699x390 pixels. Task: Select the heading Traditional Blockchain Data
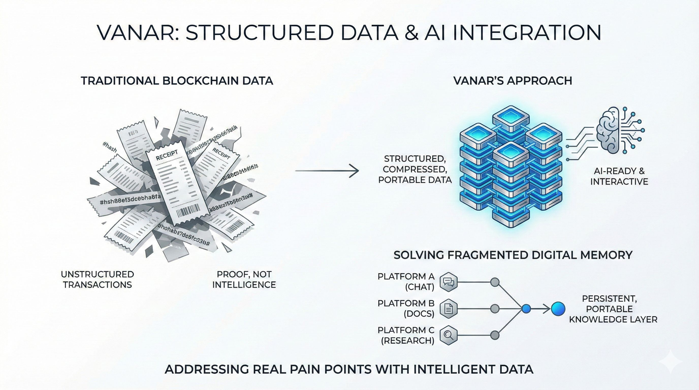click(177, 81)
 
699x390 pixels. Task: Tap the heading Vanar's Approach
click(513, 81)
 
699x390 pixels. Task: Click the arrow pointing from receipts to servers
click(327, 171)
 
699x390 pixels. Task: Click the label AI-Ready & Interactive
click(619, 176)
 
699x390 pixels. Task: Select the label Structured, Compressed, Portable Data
click(415, 169)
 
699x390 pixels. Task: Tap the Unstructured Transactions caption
click(98, 279)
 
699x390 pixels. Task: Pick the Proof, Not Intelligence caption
click(244, 279)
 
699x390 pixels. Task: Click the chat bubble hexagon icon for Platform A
click(448, 282)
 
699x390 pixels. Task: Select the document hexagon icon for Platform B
click(448, 309)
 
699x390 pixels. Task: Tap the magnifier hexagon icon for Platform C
click(448, 335)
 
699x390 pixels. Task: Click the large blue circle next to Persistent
click(558, 309)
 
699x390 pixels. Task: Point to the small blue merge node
click(526, 309)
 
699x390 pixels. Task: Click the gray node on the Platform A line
click(495, 282)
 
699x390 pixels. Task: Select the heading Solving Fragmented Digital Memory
click(513, 255)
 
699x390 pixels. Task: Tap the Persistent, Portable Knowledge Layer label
click(613, 309)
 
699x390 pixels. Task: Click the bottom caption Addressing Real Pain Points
click(349, 369)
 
